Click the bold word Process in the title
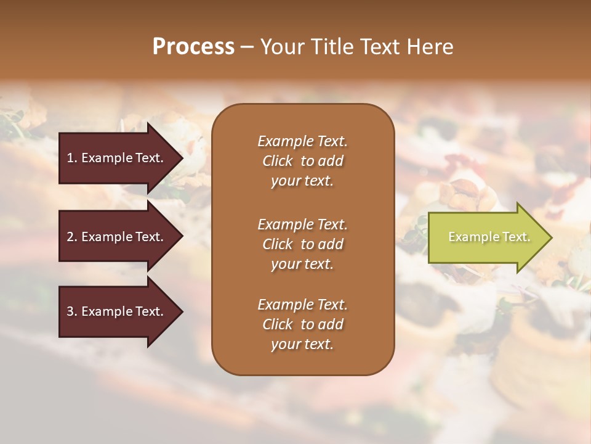coord(193,47)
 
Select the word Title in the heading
coord(334,47)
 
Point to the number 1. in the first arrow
coord(72,158)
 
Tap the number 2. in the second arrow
coord(72,237)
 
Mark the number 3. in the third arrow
coord(72,311)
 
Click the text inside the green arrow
coord(489,237)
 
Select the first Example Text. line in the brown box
coord(302,141)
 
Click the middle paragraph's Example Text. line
coord(302,224)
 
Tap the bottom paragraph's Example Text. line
coord(302,305)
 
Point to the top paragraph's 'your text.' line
coord(302,181)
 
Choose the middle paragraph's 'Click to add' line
coord(302,244)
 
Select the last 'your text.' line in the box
coord(302,345)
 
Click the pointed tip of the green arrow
coord(550,237)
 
